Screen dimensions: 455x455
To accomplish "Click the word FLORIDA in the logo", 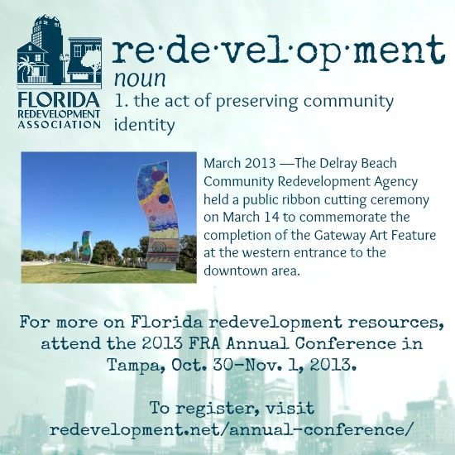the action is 59,100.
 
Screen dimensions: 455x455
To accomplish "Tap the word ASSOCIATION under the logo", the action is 60,124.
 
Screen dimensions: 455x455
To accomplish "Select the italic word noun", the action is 140,79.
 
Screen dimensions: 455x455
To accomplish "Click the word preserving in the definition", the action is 256,102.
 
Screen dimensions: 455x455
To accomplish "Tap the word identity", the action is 144,126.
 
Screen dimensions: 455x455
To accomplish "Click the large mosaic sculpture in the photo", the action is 158,215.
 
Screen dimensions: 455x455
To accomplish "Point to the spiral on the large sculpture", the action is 159,248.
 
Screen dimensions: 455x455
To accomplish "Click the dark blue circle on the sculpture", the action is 164,199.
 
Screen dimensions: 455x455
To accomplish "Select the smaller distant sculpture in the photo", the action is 87,247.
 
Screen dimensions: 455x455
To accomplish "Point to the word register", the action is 217,409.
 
